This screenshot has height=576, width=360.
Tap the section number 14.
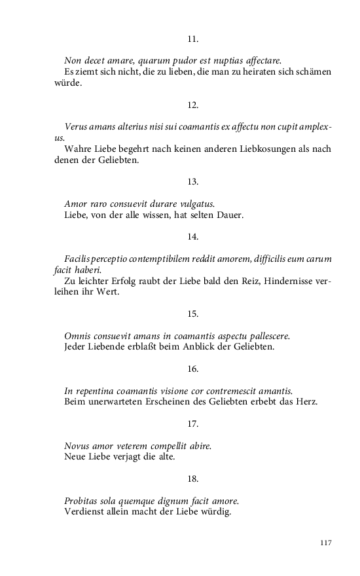click(x=192, y=236)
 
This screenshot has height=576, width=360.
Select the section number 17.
click(x=192, y=424)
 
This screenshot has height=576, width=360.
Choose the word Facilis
click(x=78, y=259)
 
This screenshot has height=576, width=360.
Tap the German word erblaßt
click(x=149, y=346)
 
